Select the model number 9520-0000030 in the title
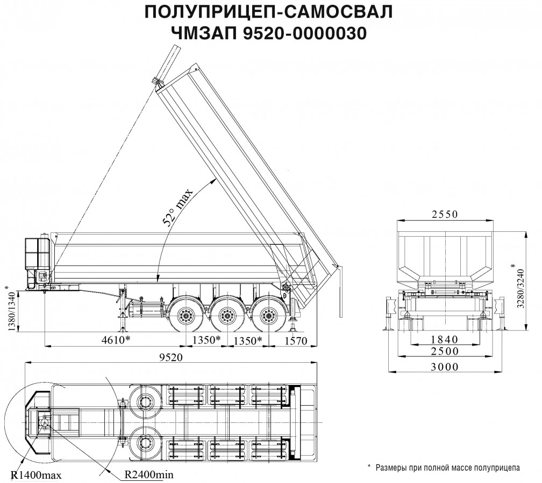305,33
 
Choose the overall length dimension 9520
171,357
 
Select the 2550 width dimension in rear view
444,215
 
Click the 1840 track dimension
444,339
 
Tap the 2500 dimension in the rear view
444,352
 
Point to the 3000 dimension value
444,367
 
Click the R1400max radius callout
37,475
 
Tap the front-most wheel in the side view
187,316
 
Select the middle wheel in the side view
227,316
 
